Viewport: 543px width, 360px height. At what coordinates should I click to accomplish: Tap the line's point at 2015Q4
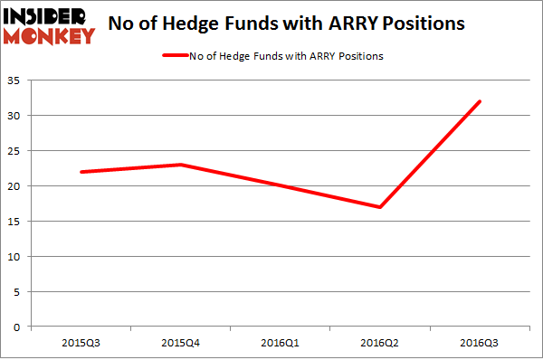[x=181, y=165]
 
